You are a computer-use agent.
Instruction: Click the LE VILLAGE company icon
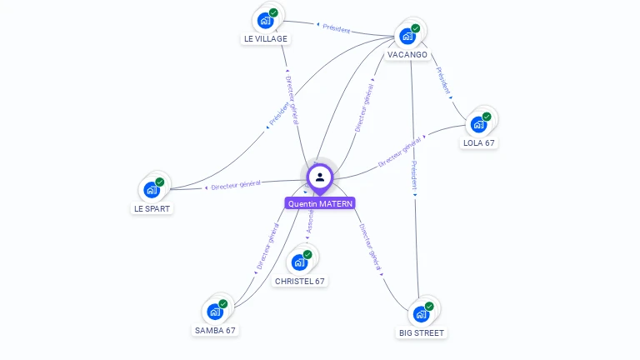click(265, 20)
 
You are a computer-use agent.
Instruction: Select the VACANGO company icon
click(407, 36)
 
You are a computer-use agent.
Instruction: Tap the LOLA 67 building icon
click(478, 124)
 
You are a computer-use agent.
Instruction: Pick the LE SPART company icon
click(152, 189)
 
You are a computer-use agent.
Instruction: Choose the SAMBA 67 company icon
click(215, 312)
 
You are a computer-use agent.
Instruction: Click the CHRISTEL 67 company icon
click(299, 262)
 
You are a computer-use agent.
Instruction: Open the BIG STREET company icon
click(421, 314)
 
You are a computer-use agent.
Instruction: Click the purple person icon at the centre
click(320, 177)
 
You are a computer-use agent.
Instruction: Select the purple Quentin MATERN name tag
click(320, 203)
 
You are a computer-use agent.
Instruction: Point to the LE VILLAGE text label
click(266, 38)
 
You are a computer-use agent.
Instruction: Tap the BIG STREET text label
click(422, 332)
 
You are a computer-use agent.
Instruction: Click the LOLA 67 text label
click(479, 142)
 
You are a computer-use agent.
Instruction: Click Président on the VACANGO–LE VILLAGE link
click(336, 29)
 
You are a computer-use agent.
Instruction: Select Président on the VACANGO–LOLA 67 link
click(443, 81)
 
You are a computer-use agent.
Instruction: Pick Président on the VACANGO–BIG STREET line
click(414, 176)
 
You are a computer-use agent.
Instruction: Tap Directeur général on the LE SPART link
click(235, 184)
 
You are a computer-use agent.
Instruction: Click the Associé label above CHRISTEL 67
click(310, 221)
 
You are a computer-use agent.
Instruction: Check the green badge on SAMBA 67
click(222, 304)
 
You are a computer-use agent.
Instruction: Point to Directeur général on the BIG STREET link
click(372, 247)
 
